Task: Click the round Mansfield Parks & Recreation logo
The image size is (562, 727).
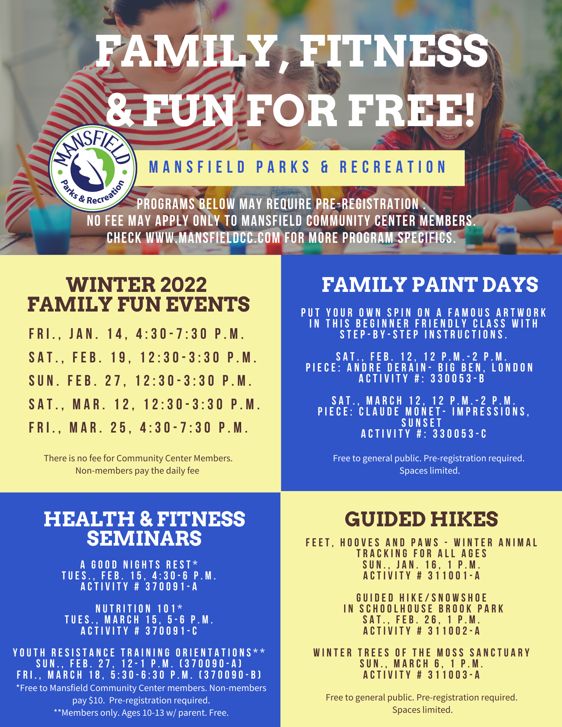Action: pyautogui.click(x=93, y=168)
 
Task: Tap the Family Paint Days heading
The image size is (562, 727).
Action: pyautogui.click(x=430, y=285)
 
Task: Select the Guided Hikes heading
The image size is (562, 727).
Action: pyautogui.click(x=421, y=519)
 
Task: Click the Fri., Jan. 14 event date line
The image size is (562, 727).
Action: pyautogui.click(x=137, y=334)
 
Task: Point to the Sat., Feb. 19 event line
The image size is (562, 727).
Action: pyautogui.click(x=143, y=358)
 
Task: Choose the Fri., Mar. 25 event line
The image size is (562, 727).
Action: pyautogui.click(x=139, y=428)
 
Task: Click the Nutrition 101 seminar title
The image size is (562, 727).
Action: pyautogui.click(x=139, y=608)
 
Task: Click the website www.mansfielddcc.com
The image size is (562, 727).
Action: pyautogui.click(x=213, y=238)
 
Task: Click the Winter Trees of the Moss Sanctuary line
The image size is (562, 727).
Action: pyautogui.click(x=422, y=653)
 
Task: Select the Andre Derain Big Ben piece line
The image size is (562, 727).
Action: pyautogui.click(x=419, y=368)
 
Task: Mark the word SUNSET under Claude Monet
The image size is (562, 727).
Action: pyautogui.click(x=422, y=423)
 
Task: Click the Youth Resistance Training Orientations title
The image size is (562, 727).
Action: pyautogui.click(x=139, y=653)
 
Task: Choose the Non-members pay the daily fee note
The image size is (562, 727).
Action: pyautogui.click(x=137, y=471)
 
